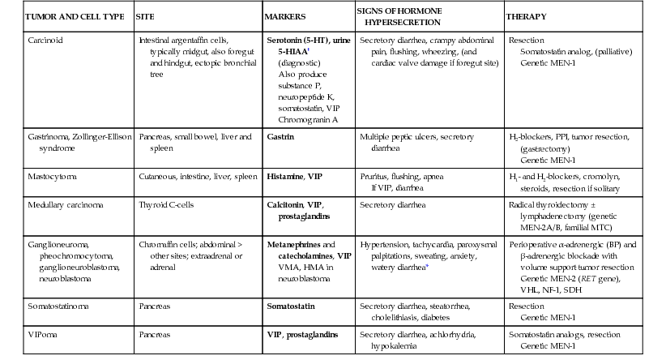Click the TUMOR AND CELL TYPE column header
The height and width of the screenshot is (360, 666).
coord(66,16)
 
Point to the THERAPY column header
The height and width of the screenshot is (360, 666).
coord(526,16)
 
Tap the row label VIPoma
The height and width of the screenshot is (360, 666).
coord(43,335)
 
